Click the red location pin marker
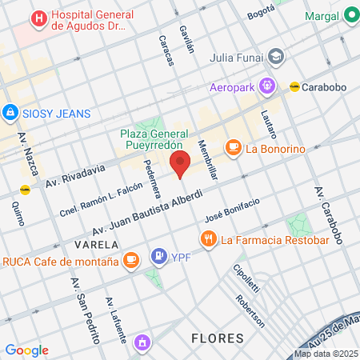pyautogui.click(x=180, y=163)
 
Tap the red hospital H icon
pyautogui.click(x=38, y=18)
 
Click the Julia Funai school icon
pyautogui.click(x=276, y=57)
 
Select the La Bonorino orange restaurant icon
pyautogui.click(x=233, y=147)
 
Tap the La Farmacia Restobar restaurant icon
pyautogui.click(x=208, y=238)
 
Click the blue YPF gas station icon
pyautogui.click(x=156, y=258)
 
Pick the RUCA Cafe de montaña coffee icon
pyautogui.click(x=130, y=260)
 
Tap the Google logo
pyautogui.click(x=26, y=350)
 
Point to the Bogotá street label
pyautogui.click(x=261, y=14)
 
